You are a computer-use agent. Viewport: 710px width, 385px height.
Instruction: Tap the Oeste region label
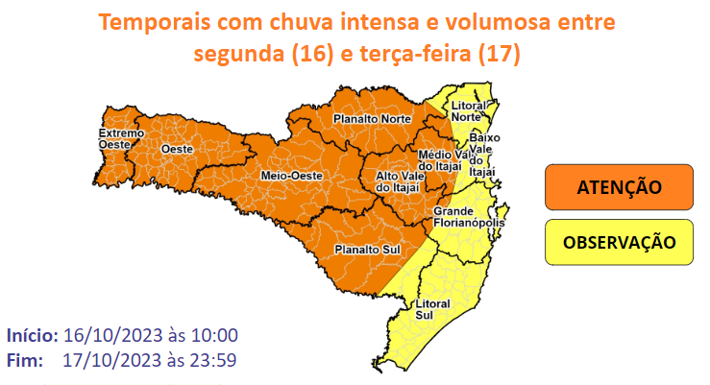click(x=177, y=149)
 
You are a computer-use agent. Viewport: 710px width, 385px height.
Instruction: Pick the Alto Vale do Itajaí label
click(x=398, y=181)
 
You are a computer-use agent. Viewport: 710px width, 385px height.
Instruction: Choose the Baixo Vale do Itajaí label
click(x=484, y=155)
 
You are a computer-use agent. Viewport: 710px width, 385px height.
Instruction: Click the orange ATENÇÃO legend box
click(x=618, y=186)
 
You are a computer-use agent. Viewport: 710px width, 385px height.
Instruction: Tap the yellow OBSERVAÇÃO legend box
click(x=618, y=241)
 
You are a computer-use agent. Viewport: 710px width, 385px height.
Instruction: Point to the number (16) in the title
click(x=306, y=55)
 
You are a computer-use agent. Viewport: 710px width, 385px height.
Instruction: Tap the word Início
click(x=33, y=336)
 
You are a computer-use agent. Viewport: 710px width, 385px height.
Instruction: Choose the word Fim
click(x=25, y=361)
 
